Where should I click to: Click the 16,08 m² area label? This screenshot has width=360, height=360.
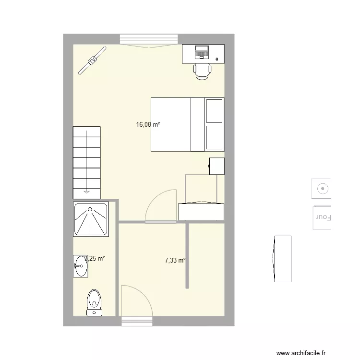(x=148, y=125)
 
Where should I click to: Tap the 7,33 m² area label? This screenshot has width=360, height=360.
(x=175, y=260)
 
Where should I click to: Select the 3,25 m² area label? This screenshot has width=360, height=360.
(x=95, y=259)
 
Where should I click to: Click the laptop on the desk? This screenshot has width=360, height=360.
(x=202, y=52)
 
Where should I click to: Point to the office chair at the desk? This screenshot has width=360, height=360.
(x=202, y=72)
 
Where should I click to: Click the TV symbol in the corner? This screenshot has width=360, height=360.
(x=92, y=60)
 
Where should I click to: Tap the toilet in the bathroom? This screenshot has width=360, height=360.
(x=94, y=303)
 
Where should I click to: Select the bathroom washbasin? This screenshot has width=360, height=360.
(x=80, y=266)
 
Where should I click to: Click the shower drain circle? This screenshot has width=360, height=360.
(x=90, y=209)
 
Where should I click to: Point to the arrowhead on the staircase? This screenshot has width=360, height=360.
(x=86, y=192)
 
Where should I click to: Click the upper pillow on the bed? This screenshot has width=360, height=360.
(x=214, y=111)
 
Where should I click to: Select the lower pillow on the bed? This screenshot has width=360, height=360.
(x=214, y=138)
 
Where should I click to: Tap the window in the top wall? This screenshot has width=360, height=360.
(x=149, y=39)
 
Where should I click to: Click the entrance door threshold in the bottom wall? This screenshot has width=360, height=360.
(x=137, y=321)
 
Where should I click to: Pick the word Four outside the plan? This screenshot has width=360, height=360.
(x=324, y=217)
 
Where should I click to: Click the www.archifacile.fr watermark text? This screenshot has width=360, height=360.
(x=301, y=353)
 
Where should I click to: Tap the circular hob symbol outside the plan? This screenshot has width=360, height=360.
(x=323, y=189)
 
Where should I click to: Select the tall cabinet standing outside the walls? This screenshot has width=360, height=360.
(x=283, y=259)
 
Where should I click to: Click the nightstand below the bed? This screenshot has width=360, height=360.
(x=217, y=166)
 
